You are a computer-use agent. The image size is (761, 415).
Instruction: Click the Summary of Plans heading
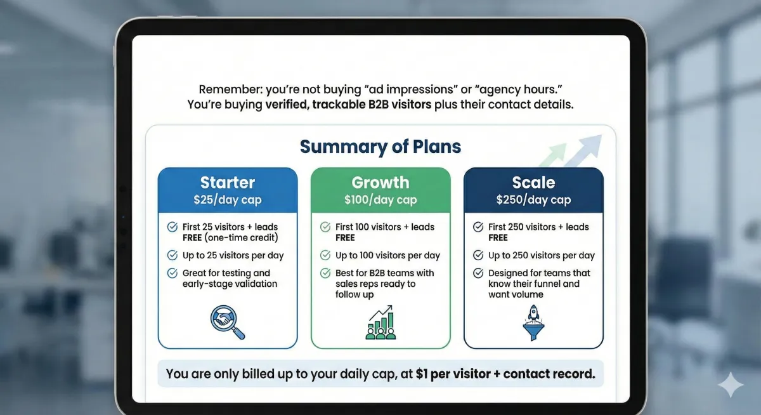point(380,147)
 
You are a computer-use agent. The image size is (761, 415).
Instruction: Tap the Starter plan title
point(228,183)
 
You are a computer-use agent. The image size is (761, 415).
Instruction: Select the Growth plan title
point(380,183)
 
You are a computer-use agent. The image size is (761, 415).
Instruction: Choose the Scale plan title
point(534,183)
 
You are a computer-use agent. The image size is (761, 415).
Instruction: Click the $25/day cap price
point(228,199)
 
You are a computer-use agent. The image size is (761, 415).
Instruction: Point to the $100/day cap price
point(380,199)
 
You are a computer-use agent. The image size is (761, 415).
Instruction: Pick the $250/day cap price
point(534,199)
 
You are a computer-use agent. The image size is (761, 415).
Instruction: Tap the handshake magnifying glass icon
point(227,322)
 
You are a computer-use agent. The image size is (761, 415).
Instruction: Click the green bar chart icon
point(381,322)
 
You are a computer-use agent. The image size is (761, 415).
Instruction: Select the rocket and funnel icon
point(534,322)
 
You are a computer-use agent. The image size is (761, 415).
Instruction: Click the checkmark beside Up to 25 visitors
point(172,255)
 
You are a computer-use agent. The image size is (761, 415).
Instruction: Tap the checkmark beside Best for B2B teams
point(325,273)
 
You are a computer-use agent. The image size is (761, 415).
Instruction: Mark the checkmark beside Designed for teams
point(478,273)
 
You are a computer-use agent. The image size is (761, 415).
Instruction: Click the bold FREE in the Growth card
point(345,238)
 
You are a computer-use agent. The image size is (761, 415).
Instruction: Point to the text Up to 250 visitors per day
point(542,255)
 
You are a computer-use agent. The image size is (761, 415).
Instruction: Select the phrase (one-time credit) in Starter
point(241,238)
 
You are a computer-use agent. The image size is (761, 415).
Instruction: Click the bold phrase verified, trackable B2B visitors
point(348,105)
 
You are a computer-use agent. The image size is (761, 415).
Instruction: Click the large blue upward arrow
point(585,150)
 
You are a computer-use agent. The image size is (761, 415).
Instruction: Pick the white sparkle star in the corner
point(731,385)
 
